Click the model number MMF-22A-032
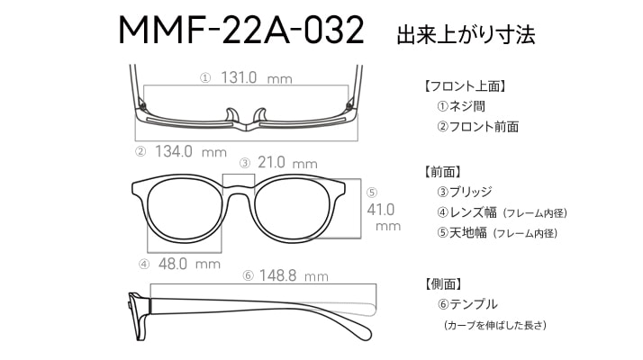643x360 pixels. point(241,30)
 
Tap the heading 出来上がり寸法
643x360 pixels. point(466,34)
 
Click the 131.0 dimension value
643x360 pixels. point(239,77)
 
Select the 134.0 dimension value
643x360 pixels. point(174,151)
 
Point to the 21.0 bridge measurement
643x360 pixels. point(271,162)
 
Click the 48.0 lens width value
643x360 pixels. point(173,264)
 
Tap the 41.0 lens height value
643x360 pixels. point(381,210)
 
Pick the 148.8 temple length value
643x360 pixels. point(277,275)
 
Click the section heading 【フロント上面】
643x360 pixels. point(465,86)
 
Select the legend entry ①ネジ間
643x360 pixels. point(461,106)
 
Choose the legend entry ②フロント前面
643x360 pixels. point(478,126)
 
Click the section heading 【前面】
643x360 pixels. point(442,171)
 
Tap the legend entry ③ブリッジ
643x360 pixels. point(465,192)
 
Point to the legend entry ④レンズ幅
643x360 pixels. point(467,212)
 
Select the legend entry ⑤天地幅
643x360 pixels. point(462,233)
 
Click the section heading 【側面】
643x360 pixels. point(442,283)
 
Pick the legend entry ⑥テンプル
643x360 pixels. point(467,304)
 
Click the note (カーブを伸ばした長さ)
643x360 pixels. point(495,325)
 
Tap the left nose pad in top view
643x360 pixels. point(232,115)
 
